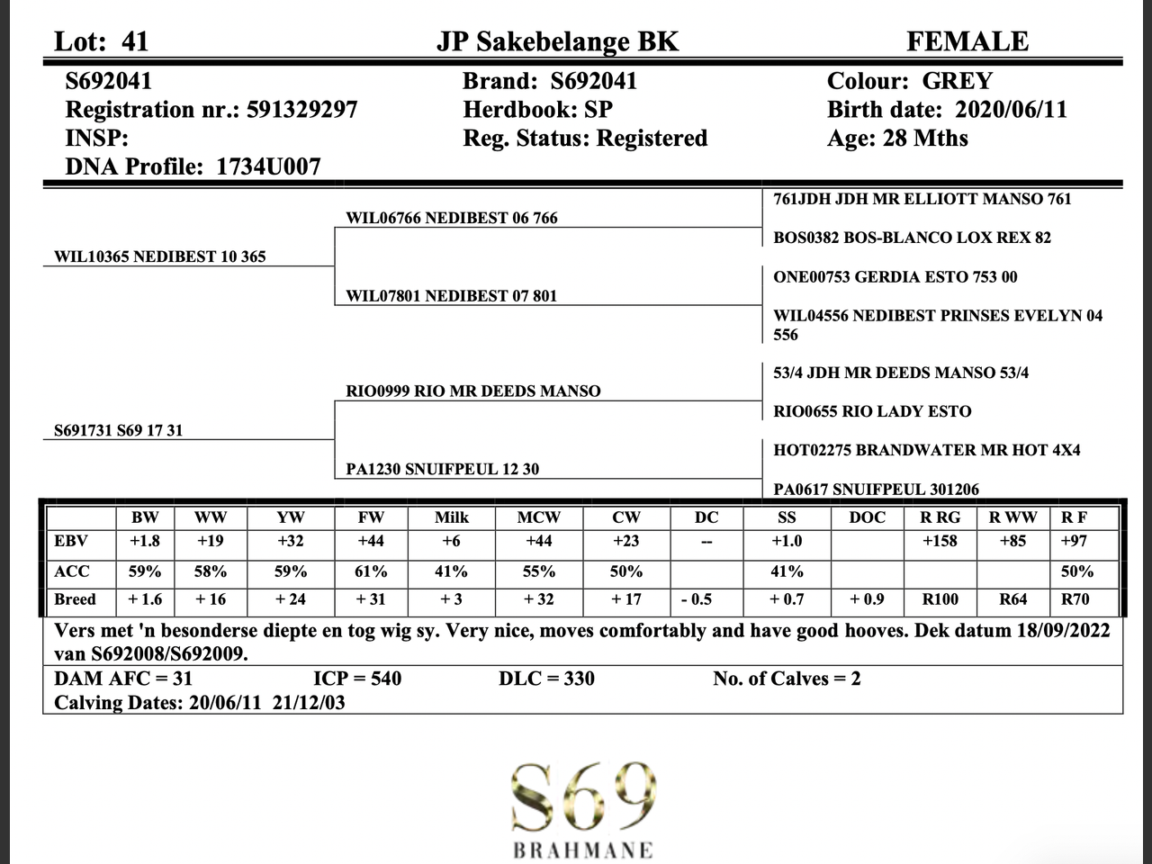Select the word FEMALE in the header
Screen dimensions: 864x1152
pos(967,41)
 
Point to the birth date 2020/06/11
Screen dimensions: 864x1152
pos(1011,110)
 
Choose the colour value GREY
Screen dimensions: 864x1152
pos(957,81)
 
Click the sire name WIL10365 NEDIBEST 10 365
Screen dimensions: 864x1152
pos(160,256)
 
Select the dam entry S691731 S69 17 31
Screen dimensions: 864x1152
pos(118,430)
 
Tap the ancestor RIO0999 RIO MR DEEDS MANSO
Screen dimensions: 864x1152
pos(473,391)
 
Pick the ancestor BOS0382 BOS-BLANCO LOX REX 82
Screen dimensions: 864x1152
pos(912,238)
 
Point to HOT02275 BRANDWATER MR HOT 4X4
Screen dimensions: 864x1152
pos(927,450)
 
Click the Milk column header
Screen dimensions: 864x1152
pos(451,517)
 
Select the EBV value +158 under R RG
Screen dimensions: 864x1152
pos(940,541)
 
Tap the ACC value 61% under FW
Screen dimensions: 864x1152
pos(371,571)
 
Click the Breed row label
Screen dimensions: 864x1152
pos(76,599)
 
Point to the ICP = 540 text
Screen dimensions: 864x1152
pos(357,679)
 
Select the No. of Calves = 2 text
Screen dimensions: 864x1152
pos(787,679)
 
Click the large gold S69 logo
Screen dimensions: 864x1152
pos(583,796)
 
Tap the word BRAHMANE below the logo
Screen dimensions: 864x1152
pos(583,850)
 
